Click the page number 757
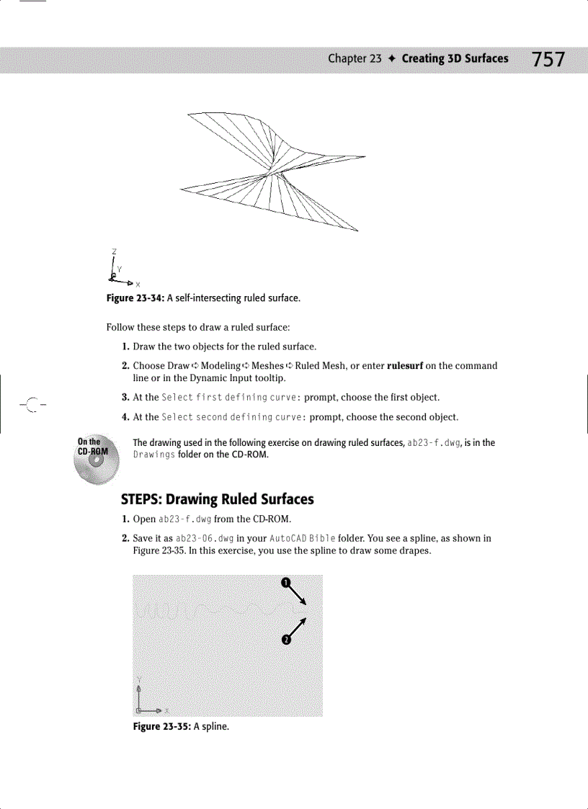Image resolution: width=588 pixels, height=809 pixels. coord(548,59)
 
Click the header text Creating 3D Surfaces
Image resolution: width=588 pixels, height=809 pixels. coord(455,59)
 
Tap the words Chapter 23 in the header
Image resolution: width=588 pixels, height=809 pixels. coord(354,59)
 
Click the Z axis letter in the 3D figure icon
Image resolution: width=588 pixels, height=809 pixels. coord(114,251)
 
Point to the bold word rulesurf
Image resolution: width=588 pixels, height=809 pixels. coord(406,366)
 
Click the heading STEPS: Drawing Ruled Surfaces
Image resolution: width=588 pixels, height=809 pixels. coord(217,499)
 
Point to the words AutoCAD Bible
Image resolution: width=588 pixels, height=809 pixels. coord(295,538)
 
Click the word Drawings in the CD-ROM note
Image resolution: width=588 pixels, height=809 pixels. coord(153,455)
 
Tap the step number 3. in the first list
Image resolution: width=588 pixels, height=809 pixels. coord(125,398)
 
